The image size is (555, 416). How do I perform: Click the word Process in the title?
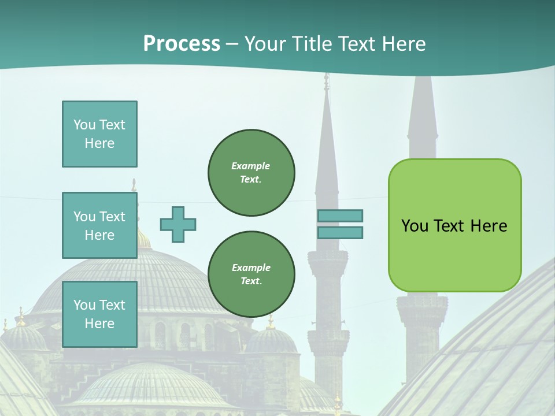pos(182,44)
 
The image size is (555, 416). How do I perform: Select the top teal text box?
pos(99,134)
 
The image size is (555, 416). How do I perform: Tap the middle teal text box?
pos(99,225)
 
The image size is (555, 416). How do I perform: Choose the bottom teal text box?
pos(99,314)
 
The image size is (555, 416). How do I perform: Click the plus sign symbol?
pos(178,224)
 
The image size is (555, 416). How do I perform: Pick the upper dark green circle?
pos(251,173)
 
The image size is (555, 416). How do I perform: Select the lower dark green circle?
pos(251,274)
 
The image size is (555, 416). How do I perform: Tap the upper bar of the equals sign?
pos(340,216)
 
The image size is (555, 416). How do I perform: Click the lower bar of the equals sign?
pos(340,233)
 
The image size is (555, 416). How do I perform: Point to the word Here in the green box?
pos(489,226)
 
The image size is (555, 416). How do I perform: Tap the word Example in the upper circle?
pos(251,166)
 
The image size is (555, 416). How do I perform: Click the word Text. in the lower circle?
pos(251,281)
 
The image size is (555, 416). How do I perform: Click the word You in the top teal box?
pos(84,125)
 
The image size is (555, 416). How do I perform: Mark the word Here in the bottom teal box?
pos(99,324)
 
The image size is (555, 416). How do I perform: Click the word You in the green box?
pos(415,226)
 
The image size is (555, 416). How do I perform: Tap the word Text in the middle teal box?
pos(113,217)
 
